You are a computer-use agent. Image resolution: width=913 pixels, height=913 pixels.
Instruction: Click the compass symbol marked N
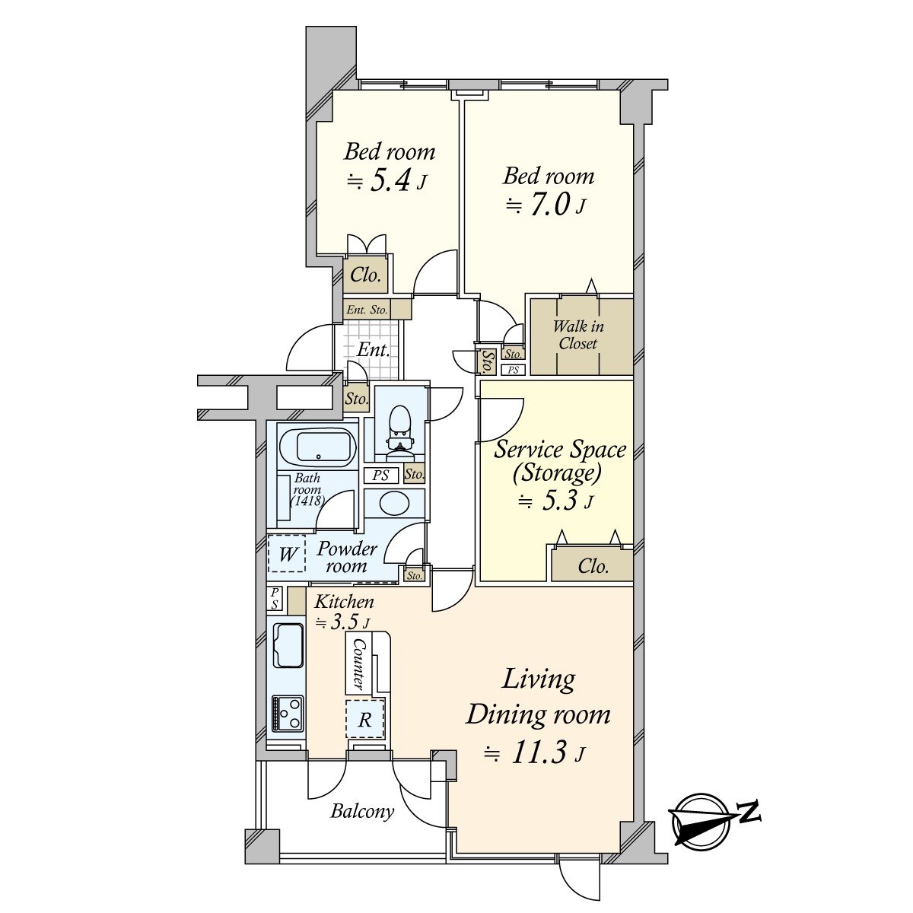[x=704, y=820]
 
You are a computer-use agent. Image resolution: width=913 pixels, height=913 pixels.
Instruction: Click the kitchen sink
[x=287, y=644]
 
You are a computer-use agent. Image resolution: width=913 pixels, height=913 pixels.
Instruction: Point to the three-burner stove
[x=288, y=714]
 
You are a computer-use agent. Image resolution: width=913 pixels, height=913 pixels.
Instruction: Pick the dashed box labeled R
[x=365, y=719]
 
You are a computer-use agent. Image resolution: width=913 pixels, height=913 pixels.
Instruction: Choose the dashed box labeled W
[x=287, y=554]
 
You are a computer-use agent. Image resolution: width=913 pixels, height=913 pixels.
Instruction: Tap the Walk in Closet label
[x=578, y=335]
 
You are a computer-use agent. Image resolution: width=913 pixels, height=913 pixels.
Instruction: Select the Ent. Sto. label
[x=367, y=310]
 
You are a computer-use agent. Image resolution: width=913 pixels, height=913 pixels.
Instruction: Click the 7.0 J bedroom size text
[x=547, y=205]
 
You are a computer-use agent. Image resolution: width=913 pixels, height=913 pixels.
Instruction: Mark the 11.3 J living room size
[x=536, y=753]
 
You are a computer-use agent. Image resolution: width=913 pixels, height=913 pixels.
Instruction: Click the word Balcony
[x=362, y=811]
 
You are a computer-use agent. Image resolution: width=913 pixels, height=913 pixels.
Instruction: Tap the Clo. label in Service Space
[x=593, y=566]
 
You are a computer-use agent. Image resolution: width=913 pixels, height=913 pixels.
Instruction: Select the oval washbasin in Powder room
[x=393, y=504]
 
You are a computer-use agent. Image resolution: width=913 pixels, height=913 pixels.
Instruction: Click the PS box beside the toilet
[x=381, y=476]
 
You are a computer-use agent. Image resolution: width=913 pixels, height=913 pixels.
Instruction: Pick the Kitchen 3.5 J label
[x=344, y=611]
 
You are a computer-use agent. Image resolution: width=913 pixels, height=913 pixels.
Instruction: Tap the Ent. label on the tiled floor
[x=373, y=350]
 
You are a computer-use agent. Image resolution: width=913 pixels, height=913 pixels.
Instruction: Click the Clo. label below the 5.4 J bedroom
[x=366, y=275]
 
